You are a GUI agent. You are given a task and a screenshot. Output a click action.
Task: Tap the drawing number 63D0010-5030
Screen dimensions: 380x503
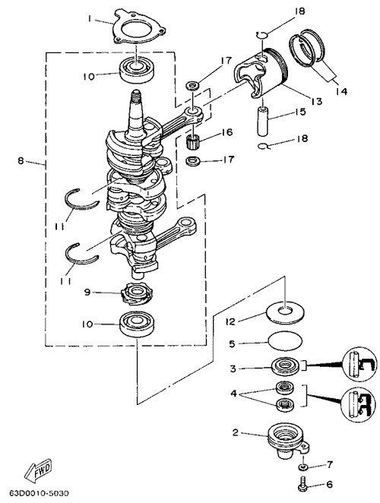point(40,492)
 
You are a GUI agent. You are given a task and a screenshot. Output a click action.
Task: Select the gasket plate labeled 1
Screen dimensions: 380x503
point(138,27)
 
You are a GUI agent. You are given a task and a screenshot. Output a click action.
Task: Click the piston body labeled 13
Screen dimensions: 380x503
point(260,73)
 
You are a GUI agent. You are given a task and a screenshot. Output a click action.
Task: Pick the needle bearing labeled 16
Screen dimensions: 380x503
point(193,141)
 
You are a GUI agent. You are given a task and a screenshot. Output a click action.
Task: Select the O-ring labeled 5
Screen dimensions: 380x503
point(285,341)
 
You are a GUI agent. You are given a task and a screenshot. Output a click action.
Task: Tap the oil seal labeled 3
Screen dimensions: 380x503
point(285,366)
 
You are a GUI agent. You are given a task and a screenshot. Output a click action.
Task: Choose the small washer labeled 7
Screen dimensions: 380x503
point(302,467)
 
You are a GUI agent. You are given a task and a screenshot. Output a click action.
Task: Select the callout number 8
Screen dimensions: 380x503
point(21,161)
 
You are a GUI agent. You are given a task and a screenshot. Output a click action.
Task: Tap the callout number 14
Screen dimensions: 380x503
point(341,91)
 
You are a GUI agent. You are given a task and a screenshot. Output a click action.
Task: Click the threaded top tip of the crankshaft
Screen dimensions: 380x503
point(136,95)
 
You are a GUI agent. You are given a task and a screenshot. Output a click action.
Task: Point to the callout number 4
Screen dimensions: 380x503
point(233,394)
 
